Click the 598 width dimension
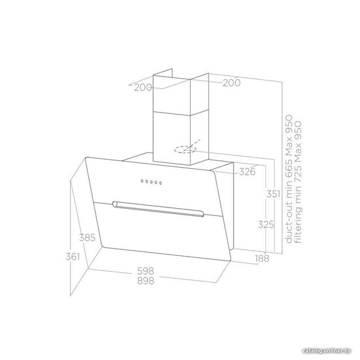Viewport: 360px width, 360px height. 145,271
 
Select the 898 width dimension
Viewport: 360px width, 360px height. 145,281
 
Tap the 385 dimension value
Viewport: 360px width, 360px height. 87,238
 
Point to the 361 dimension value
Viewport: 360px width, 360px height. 73,257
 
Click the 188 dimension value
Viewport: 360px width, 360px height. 262,259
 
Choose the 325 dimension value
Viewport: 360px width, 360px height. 266,225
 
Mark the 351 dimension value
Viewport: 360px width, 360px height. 273,194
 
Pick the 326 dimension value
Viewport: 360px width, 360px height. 247,171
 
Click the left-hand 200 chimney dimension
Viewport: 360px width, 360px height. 143,88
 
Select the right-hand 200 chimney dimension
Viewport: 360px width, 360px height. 232,83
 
